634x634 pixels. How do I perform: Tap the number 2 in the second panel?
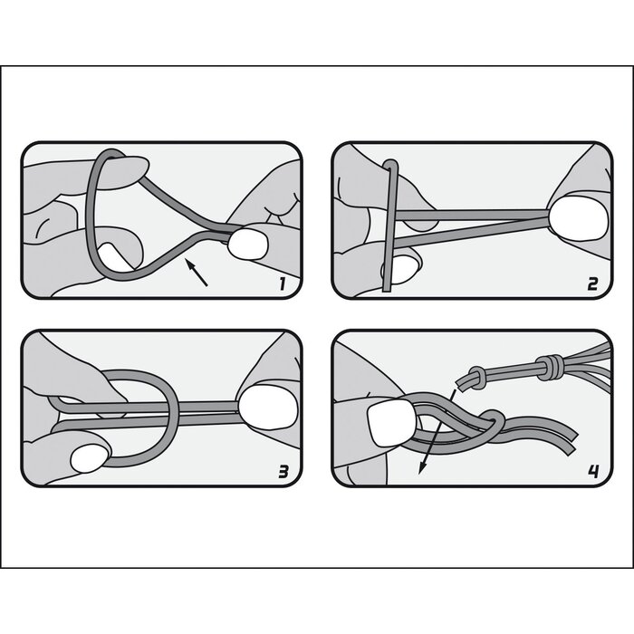coord(591,283)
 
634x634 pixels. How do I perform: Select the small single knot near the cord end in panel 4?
coord(474,374)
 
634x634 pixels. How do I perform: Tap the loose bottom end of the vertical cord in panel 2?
coord(388,285)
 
